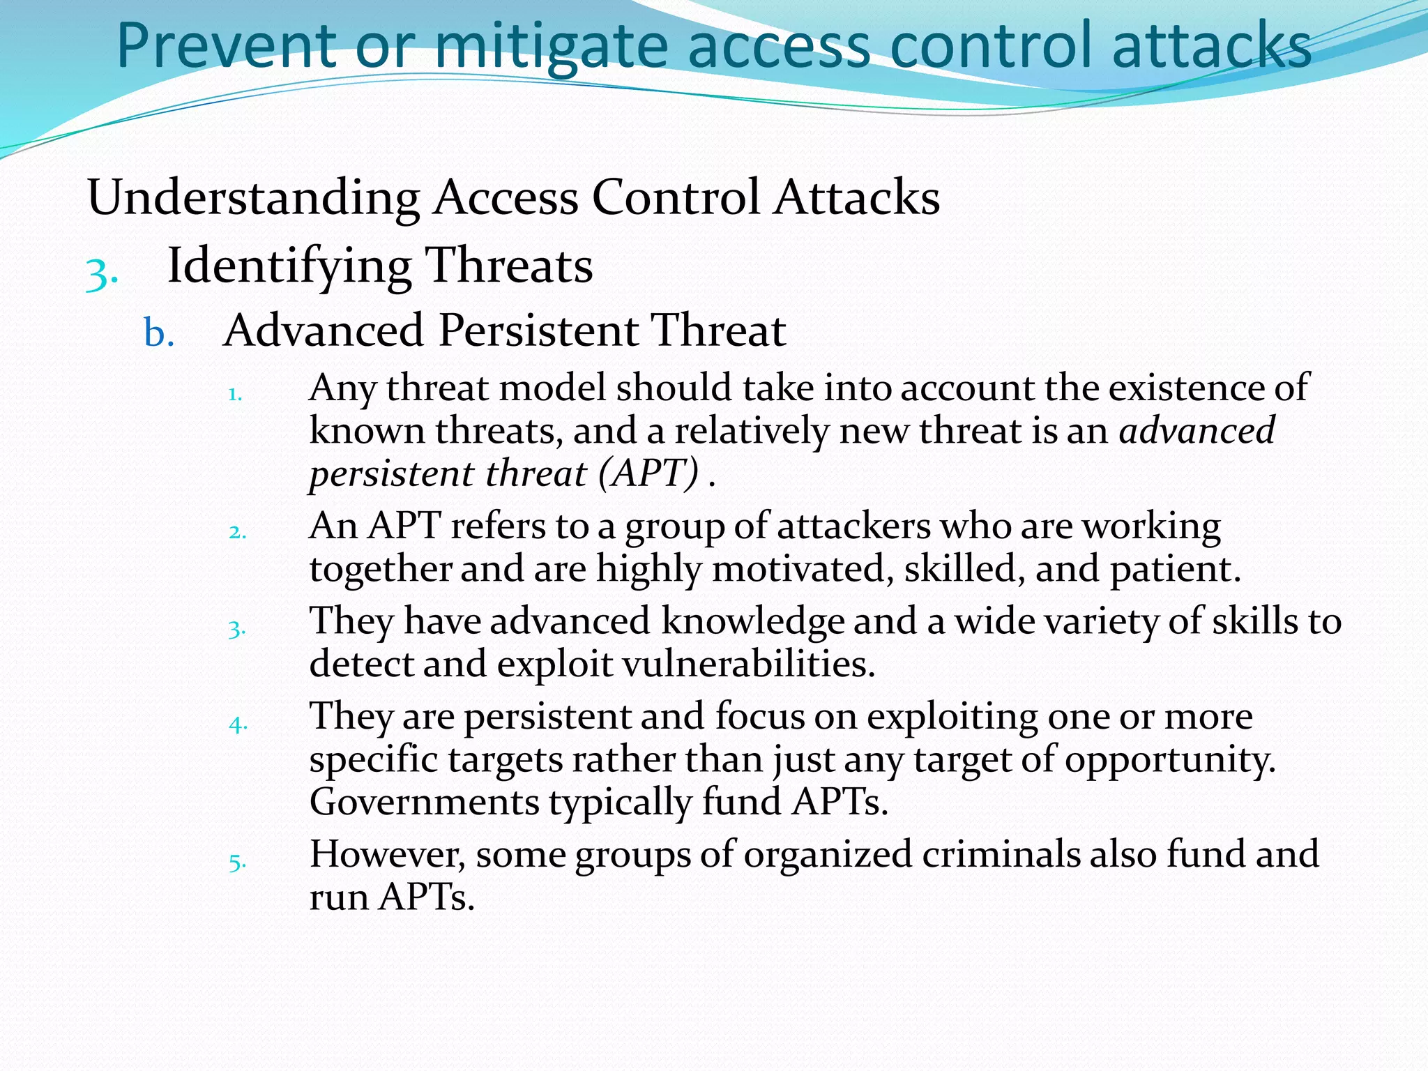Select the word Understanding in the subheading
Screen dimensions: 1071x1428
tap(253, 197)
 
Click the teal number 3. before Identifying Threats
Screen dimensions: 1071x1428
tap(102, 272)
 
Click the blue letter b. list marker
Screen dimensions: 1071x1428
tap(159, 333)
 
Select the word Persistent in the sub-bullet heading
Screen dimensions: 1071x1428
tap(538, 330)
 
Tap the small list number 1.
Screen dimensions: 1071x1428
tap(235, 395)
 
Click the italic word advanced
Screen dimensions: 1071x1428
tap(1197, 430)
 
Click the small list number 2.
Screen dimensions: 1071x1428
tap(237, 533)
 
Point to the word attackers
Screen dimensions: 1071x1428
tap(853, 526)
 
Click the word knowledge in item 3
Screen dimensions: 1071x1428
tap(753, 621)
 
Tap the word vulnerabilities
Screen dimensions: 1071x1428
tap(747, 664)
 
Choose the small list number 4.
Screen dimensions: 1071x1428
tap(238, 725)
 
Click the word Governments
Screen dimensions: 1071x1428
tap(425, 803)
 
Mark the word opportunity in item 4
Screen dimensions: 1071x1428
tap(1169, 759)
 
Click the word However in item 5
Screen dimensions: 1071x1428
tap(387, 854)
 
